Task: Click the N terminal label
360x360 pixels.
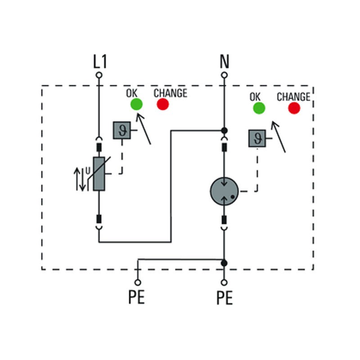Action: click(x=224, y=62)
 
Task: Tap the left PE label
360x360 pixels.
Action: click(x=137, y=298)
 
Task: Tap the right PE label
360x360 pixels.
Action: click(x=224, y=298)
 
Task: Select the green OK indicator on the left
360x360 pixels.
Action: click(x=136, y=104)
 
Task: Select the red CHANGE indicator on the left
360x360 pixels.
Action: click(x=162, y=104)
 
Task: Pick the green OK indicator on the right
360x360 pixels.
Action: click(x=259, y=108)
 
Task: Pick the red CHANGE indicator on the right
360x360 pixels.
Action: click(x=294, y=108)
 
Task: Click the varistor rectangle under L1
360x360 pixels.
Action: click(x=99, y=173)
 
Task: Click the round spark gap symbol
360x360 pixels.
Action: click(x=224, y=191)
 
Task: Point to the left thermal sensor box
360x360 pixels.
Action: click(x=121, y=130)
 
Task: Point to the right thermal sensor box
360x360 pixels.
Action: click(x=257, y=138)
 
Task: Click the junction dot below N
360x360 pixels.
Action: click(x=224, y=130)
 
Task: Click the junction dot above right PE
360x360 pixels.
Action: click(x=224, y=262)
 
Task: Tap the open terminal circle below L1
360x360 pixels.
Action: click(x=99, y=75)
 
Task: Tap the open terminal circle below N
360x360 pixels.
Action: click(x=224, y=75)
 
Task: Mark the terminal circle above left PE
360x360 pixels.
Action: click(x=137, y=282)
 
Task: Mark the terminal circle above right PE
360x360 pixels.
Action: click(x=224, y=282)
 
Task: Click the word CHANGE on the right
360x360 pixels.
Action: click(x=293, y=97)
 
